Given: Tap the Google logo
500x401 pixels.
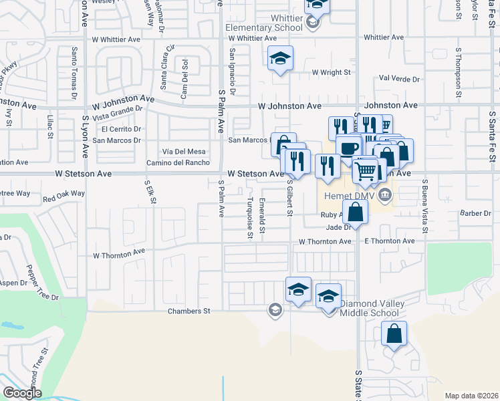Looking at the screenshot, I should (x=22, y=393).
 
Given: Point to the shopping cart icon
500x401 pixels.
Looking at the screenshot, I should (x=365, y=170).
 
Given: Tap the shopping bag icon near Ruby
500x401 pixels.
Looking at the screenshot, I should (x=357, y=213).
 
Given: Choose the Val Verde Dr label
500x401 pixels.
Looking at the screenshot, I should (x=398, y=79).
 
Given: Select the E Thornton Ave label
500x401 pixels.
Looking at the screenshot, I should (x=390, y=241).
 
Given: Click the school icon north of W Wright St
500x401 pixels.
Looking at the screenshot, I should (x=281, y=58).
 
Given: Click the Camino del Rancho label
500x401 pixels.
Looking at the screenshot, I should (x=178, y=163).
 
